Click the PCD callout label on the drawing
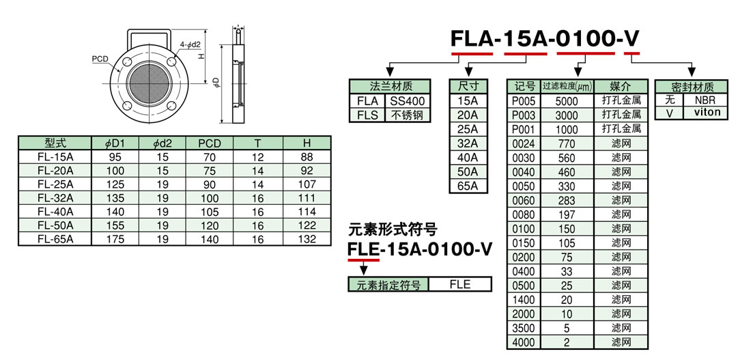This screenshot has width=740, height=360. point(100,59)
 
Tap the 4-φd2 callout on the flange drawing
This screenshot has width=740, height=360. point(190,45)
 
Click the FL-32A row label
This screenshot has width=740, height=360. point(55,198)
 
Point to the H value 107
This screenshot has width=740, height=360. point(307,184)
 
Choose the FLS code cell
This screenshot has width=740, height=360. point(367,115)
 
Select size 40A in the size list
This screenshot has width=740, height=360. point(468,158)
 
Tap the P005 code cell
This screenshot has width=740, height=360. point(524,101)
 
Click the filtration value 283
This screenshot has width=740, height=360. point(567,200)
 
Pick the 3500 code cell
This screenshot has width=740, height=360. point(524,327)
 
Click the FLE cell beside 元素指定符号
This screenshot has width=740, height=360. point(460,285)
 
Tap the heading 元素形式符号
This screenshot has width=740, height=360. point(393,229)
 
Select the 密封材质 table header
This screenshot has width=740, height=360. point(692,87)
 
